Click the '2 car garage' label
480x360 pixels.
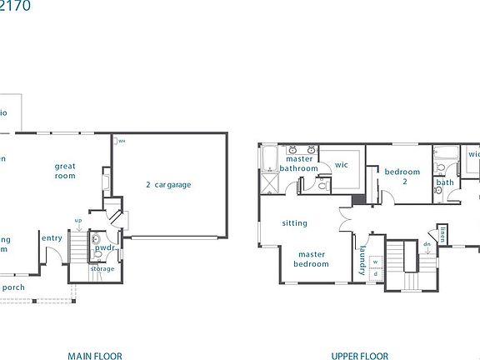(169, 184)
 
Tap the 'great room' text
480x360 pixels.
(65, 171)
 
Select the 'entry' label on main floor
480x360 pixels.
(52, 238)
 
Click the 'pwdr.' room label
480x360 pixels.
(104, 248)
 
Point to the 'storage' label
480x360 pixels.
(102, 268)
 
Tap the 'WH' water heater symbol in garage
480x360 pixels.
(121, 141)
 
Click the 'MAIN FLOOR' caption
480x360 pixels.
(95, 356)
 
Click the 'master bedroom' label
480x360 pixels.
(311, 259)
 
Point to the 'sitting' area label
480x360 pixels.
(294, 222)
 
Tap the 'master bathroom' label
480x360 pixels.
(298, 163)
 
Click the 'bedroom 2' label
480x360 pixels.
(401, 177)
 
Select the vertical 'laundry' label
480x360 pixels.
(362, 262)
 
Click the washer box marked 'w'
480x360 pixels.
(375, 260)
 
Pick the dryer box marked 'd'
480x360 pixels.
(375, 272)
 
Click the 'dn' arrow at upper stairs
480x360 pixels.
(427, 246)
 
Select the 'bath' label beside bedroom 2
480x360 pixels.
(445, 182)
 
